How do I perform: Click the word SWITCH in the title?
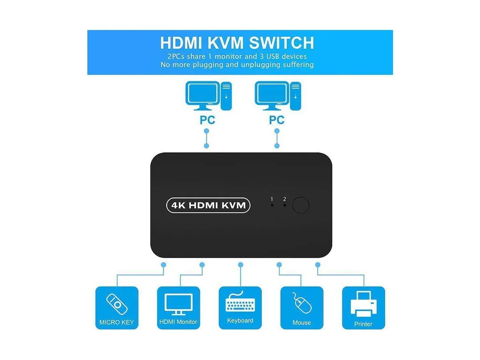point(282,43)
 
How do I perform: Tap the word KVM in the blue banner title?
point(225,43)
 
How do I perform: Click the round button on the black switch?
point(301,205)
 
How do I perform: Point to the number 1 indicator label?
point(272,199)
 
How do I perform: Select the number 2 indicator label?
point(284,199)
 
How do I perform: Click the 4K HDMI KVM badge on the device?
point(208,205)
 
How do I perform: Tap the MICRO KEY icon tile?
point(117,308)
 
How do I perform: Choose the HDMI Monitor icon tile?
point(178,308)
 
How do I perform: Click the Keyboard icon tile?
point(240,308)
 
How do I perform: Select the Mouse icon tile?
point(302,308)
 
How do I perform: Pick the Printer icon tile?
point(364,308)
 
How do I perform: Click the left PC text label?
point(207,120)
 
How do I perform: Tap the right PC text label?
point(277,120)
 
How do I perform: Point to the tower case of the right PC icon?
point(296,96)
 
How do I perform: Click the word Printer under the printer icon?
point(363,324)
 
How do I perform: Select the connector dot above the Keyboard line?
point(240,265)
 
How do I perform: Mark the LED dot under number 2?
point(284,205)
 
